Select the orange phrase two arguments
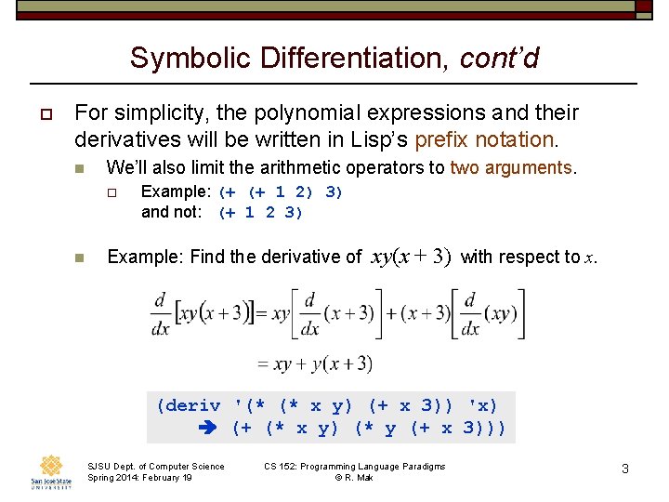[512, 168]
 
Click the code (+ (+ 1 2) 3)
[281, 192]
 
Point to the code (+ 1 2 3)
[262, 212]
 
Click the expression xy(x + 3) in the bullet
[411, 257]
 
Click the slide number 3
[625, 469]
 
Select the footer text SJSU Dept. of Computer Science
[155, 466]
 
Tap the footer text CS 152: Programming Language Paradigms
[354, 466]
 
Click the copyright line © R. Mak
[354, 478]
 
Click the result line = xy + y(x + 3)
[314, 363]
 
